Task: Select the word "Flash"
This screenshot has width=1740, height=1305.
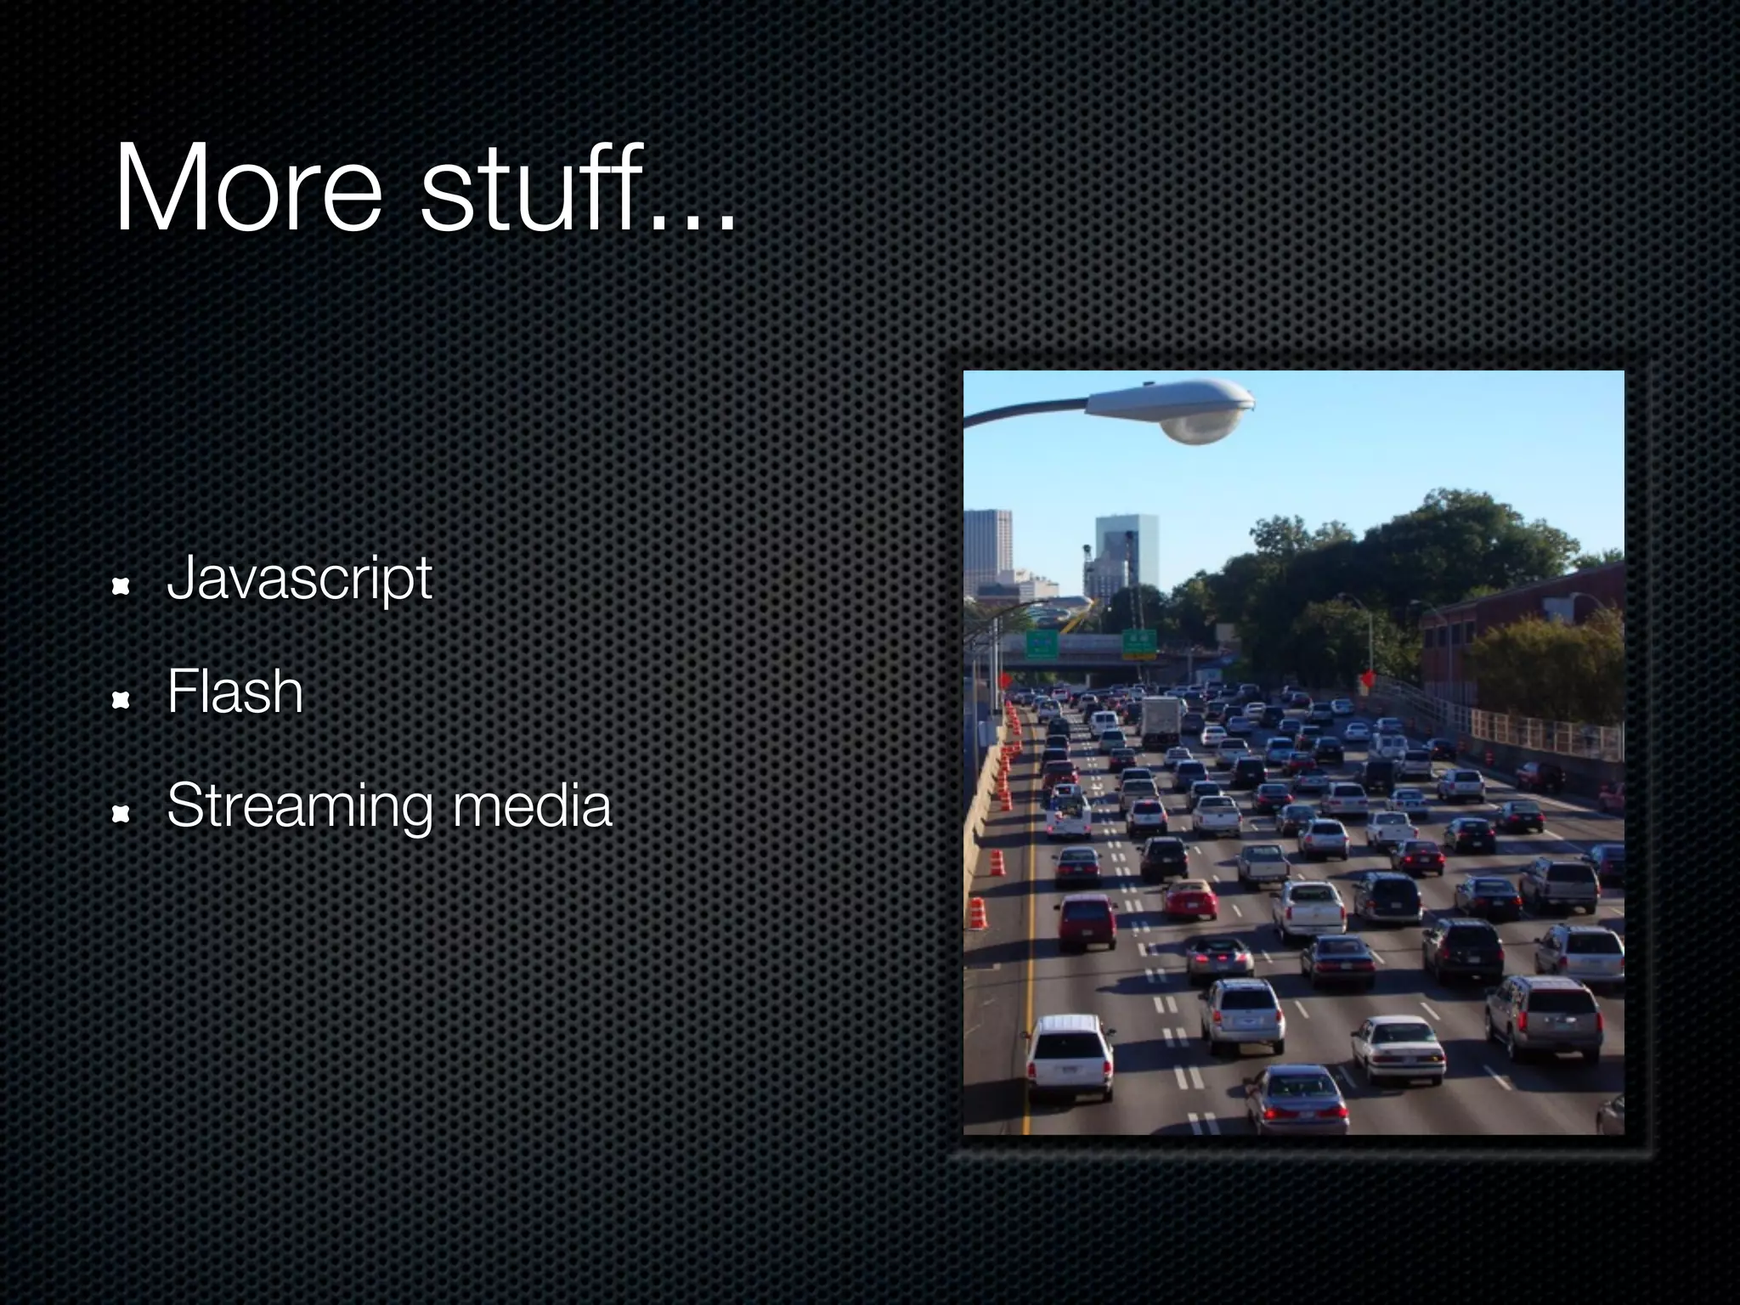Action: (x=234, y=692)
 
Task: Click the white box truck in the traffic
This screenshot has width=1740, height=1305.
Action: (x=1160, y=721)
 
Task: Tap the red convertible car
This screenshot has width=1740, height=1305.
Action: (x=1189, y=899)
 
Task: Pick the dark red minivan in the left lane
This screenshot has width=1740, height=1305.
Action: (x=1087, y=922)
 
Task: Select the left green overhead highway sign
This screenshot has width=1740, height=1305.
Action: (x=1041, y=645)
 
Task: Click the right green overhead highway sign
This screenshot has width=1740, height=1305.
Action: (x=1138, y=643)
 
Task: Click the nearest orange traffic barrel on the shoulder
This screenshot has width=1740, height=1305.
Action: (x=977, y=913)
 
